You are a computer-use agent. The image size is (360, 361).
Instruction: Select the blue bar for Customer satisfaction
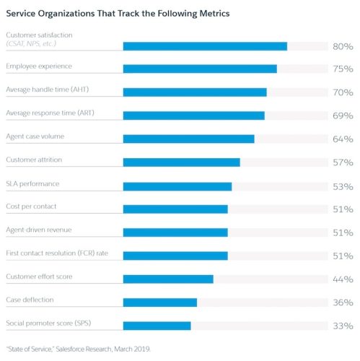pyautogui.click(x=205, y=46)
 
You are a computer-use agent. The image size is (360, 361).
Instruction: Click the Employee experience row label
pyautogui.click(x=39, y=66)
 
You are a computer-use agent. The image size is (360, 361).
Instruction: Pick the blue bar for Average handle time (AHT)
pyautogui.click(x=195, y=92)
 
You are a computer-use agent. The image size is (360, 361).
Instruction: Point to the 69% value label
pyautogui.click(x=343, y=116)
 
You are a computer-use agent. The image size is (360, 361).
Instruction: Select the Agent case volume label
pyautogui.click(x=36, y=136)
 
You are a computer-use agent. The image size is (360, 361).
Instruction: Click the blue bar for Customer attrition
pyautogui.click(x=181, y=162)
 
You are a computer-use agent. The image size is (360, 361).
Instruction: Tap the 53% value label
pyautogui.click(x=343, y=186)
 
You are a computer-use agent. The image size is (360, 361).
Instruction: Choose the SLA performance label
pyautogui.click(x=32, y=183)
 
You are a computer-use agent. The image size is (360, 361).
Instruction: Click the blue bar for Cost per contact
pyautogui.click(x=175, y=209)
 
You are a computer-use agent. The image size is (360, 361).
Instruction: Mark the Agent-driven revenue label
pyautogui.click(x=38, y=230)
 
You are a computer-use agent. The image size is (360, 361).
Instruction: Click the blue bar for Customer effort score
pyautogui.click(x=168, y=279)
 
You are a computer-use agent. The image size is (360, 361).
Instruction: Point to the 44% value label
pyautogui.click(x=343, y=279)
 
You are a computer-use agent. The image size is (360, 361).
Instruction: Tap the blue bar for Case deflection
pyautogui.click(x=159, y=303)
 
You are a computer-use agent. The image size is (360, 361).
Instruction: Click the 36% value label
pyautogui.click(x=343, y=303)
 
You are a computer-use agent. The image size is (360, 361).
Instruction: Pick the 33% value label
pyautogui.click(x=343, y=326)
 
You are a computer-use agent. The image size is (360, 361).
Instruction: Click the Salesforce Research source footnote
pyautogui.click(x=78, y=349)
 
